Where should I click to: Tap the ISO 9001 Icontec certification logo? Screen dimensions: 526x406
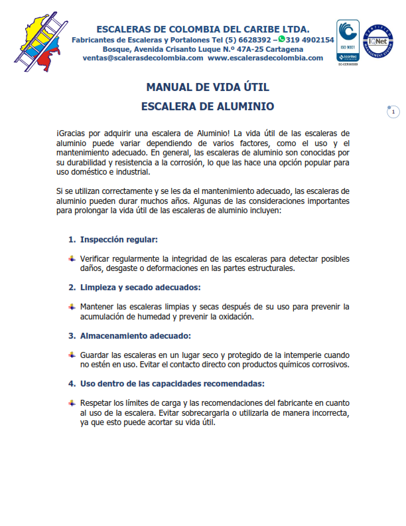[x=348, y=41]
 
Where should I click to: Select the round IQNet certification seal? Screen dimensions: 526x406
[x=377, y=41]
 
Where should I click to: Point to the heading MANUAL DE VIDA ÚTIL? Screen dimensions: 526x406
[x=208, y=87]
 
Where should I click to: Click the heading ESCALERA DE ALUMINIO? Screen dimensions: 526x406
[x=208, y=106]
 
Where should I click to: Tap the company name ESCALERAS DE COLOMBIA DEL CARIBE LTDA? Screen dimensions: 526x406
[x=203, y=29]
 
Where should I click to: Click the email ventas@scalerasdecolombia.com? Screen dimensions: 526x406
[x=143, y=58]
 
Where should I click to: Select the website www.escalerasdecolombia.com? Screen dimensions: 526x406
[x=265, y=58]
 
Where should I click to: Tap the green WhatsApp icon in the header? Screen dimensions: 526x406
[x=281, y=39]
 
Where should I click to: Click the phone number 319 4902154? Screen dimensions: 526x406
[x=310, y=40]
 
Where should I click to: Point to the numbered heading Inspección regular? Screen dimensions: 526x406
[x=119, y=239]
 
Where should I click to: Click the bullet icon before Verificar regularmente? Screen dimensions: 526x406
[x=72, y=258]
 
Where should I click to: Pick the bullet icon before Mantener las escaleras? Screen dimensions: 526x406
[x=72, y=307]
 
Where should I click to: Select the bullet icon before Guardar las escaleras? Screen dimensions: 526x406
[x=72, y=355]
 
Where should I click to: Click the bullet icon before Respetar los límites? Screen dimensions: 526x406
[x=72, y=403]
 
